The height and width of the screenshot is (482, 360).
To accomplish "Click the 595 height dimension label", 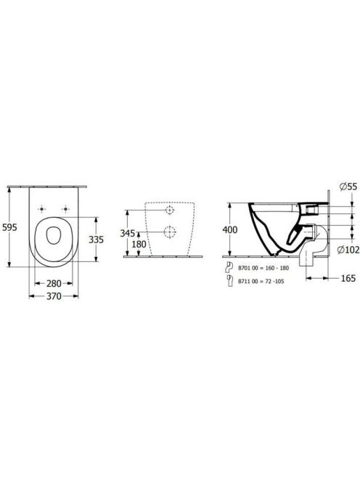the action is [x=9, y=227].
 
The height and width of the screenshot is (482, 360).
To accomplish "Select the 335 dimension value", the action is [x=97, y=239].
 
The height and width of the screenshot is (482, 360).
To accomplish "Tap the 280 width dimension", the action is [x=54, y=283].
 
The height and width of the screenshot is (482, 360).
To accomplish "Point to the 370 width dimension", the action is [x=54, y=296].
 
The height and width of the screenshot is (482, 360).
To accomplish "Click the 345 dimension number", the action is [x=127, y=233].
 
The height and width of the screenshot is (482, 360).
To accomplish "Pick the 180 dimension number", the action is [x=139, y=245].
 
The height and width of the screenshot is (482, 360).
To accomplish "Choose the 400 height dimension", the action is [x=230, y=229].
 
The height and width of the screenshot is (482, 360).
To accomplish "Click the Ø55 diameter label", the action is [x=348, y=187].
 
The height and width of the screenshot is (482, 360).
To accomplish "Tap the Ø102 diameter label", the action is [x=348, y=250].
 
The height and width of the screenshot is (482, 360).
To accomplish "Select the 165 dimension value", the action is [x=348, y=278].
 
